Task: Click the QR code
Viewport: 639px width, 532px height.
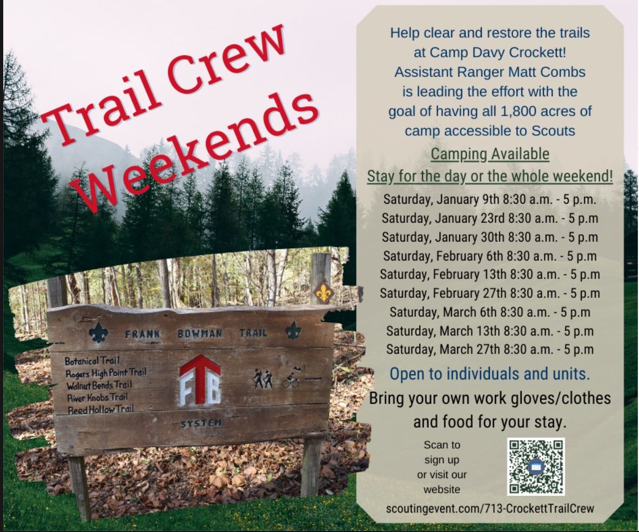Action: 536,467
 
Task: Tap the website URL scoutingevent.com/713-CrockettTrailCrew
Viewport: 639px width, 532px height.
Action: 490,509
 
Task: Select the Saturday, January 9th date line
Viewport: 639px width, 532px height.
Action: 490,199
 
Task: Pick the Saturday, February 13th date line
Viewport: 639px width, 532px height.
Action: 490,274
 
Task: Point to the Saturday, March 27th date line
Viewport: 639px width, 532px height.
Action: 490,349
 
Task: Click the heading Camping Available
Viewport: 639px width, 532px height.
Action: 490,154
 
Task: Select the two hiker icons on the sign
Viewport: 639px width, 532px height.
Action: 263,379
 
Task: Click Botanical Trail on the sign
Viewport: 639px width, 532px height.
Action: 92,361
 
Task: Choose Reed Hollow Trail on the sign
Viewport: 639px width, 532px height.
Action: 100,409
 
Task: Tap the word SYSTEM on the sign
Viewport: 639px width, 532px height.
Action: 201,423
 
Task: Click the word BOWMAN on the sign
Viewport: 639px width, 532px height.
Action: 200,334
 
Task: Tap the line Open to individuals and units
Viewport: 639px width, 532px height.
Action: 490,374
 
